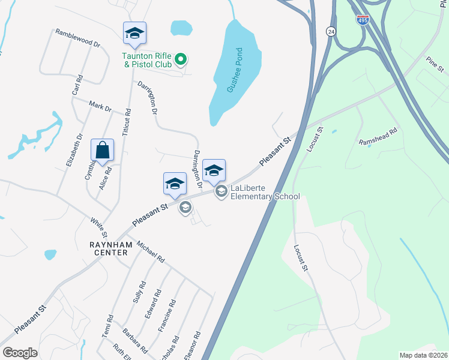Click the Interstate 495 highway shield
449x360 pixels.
363,20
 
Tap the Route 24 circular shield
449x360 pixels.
331,31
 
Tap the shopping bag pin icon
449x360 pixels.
103,151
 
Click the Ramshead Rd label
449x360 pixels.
378,137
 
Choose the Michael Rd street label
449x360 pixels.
150,252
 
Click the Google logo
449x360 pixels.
20,353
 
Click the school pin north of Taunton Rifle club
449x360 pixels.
134,34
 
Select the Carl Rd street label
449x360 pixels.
77,85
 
